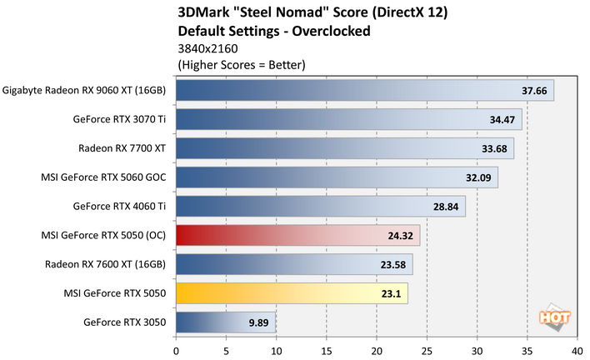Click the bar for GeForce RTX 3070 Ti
pos(348,119)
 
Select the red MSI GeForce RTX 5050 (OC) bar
pos(297,235)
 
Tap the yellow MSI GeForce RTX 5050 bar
pos(292,292)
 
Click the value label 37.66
pos(533,91)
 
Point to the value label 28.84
pos(445,207)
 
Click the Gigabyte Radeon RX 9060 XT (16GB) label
pos(85,90)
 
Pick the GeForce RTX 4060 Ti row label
pos(119,207)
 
